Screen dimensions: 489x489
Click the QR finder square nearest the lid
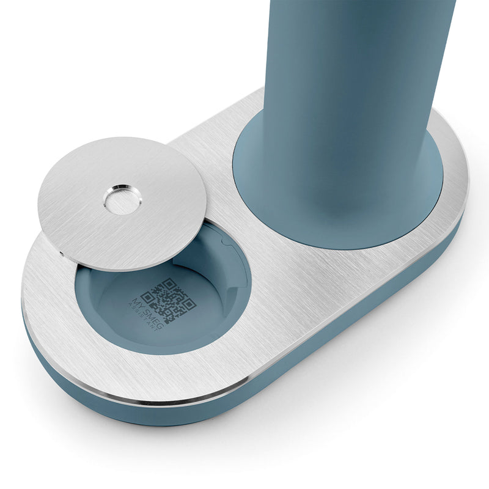(169, 284)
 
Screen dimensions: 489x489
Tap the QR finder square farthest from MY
(189, 303)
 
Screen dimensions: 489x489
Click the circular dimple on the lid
(123, 200)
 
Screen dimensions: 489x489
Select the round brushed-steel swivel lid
(122, 204)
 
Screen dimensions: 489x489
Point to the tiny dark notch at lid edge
(62, 253)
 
